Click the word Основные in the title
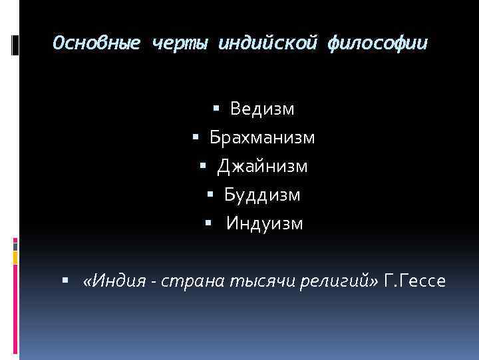96,44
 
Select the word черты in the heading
180,44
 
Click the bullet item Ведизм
262,108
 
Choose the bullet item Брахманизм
262,137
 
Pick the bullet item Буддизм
262,195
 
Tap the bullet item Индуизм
264,223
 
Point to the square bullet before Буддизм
210,195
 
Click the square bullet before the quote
65,281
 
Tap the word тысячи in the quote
252,281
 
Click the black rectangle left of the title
16,44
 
